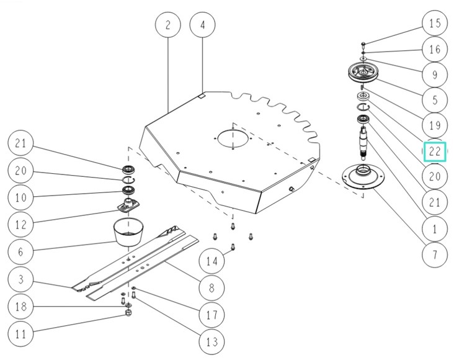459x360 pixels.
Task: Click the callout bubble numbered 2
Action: tap(167, 25)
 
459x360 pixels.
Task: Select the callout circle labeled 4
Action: tap(202, 25)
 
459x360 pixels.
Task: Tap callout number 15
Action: tap(434, 24)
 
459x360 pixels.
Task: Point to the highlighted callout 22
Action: tap(435, 151)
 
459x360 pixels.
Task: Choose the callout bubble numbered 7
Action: tap(434, 253)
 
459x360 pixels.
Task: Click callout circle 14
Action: tap(212, 261)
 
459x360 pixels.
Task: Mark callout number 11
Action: tap(20, 334)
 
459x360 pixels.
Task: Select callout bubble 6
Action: tap(20, 251)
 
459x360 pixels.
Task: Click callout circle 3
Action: tap(20, 280)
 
